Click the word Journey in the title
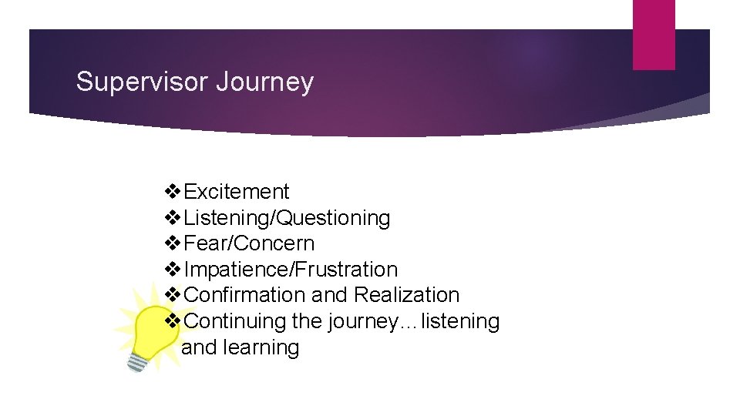pyautogui.click(x=264, y=82)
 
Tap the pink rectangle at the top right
pyautogui.click(x=653, y=35)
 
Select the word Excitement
pyautogui.click(x=237, y=192)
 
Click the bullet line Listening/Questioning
pyautogui.click(x=288, y=218)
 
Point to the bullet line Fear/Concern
pyautogui.click(x=250, y=243)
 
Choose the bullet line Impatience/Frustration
pyautogui.click(x=291, y=270)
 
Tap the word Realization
pyautogui.click(x=406, y=295)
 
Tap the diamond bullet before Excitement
pyautogui.click(x=174, y=192)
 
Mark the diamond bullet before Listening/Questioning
pyautogui.click(x=174, y=218)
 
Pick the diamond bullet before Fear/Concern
pyautogui.click(x=174, y=243)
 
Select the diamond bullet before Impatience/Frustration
pyautogui.click(x=174, y=270)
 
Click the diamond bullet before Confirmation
pyautogui.click(x=174, y=295)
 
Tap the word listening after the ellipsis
pyautogui.click(x=459, y=321)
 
